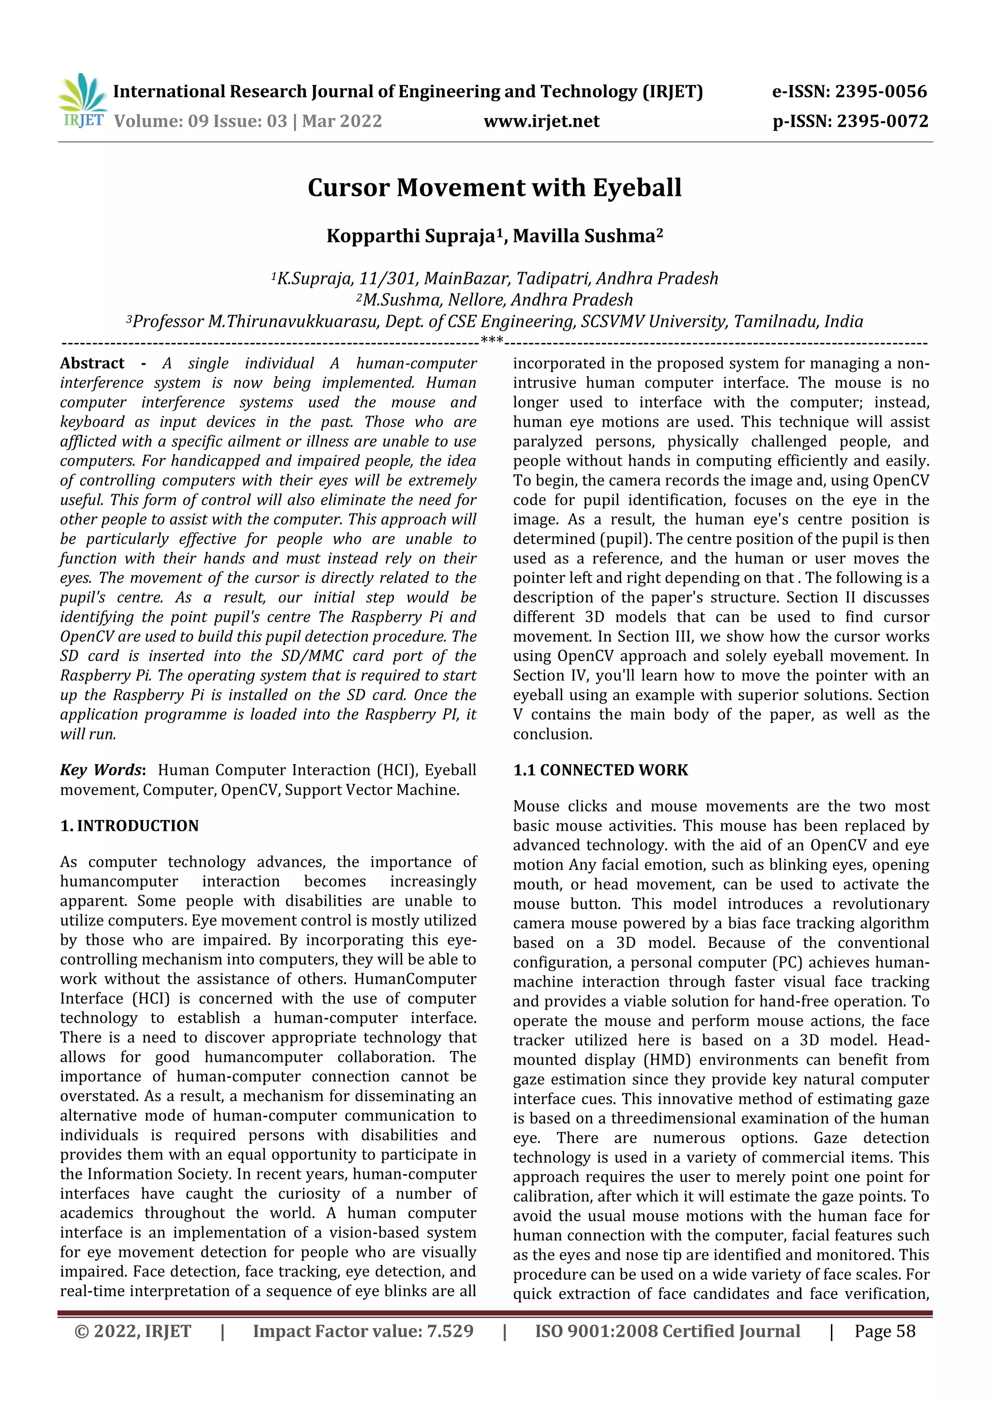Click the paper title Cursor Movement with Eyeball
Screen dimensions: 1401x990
pyautogui.click(x=494, y=187)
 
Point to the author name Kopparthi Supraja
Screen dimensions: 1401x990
pyautogui.click(x=410, y=236)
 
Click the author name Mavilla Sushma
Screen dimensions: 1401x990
pyautogui.click(x=584, y=236)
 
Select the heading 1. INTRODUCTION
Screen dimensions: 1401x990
pyautogui.click(x=130, y=826)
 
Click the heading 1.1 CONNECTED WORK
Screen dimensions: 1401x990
pyautogui.click(x=600, y=770)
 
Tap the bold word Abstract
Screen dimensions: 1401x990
pyautogui.click(x=92, y=364)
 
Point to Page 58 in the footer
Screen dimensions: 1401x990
pyautogui.click(x=885, y=1331)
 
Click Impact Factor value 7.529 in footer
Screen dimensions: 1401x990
pyautogui.click(x=363, y=1331)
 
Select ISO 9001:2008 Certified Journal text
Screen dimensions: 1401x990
pyautogui.click(x=667, y=1331)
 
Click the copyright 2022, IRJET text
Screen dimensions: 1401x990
pyautogui.click(x=132, y=1331)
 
